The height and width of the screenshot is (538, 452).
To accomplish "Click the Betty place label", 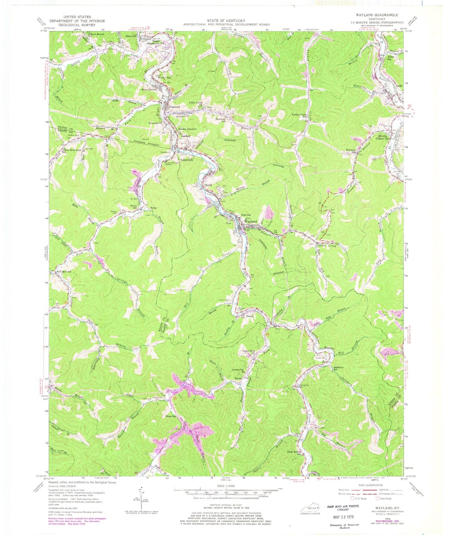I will tap(153, 208).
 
